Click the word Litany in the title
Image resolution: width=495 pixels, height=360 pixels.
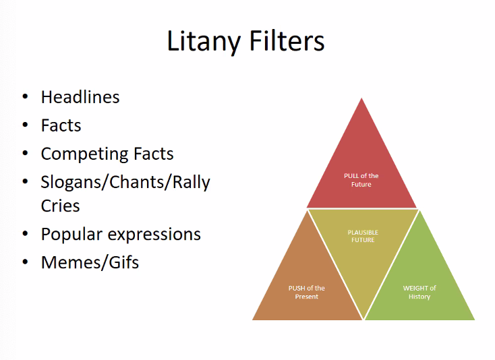[x=204, y=41]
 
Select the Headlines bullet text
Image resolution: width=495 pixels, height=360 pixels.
[x=80, y=97]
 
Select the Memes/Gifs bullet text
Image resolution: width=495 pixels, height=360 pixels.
[x=90, y=262]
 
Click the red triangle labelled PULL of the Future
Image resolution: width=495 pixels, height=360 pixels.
[x=361, y=169]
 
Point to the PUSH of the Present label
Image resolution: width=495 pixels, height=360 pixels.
[x=307, y=292]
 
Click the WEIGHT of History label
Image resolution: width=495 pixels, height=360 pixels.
[x=419, y=292]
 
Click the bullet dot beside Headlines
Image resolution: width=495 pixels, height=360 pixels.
[x=25, y=97]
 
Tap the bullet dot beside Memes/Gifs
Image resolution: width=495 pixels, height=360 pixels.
[x=25, y=262]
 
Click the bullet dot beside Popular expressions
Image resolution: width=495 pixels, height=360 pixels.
[x=25, y=234]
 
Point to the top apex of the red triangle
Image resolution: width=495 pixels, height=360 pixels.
[x=362, y=100]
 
